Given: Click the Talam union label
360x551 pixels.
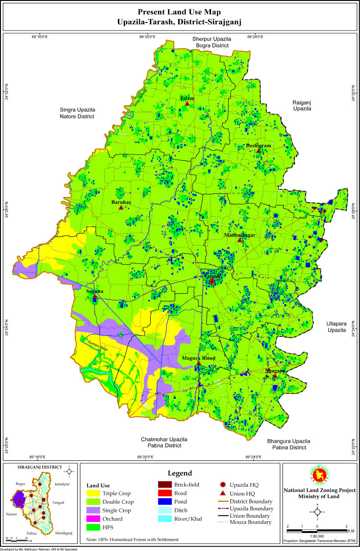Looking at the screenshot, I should [x=187, y=99].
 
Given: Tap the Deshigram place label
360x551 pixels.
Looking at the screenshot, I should [x=259, y=146].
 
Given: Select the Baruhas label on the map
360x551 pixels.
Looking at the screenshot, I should [x=121, y=202].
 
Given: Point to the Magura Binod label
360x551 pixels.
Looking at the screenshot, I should [x=198, y=358].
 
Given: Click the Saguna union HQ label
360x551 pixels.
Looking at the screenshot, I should [x=94, y=291].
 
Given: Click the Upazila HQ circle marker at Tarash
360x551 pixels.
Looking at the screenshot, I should [x=212, y=282].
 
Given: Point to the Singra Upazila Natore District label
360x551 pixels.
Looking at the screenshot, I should [x=77, y=113].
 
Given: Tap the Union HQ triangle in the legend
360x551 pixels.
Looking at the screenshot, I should [x=223, y=493].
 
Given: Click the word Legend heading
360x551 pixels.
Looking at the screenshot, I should [x=180, y=473].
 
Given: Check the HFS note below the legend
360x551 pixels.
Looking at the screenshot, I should [x=132, y=539].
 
